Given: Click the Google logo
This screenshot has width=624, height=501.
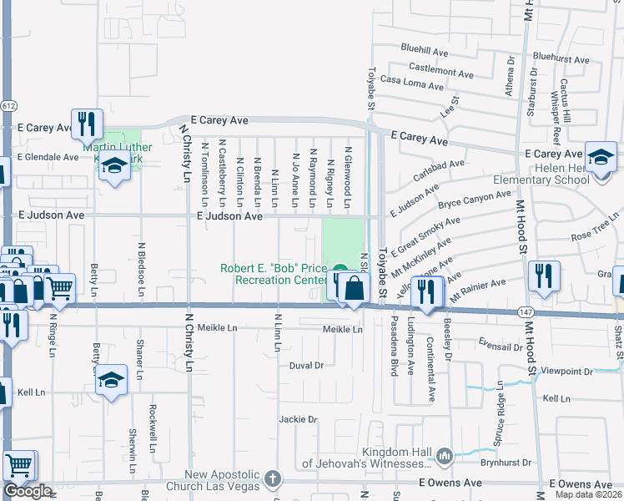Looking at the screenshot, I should [x=28, y=491].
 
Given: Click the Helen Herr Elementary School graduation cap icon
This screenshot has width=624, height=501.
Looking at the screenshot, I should [x=601, y=156].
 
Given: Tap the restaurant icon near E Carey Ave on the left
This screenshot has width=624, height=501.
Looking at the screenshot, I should [x=87, y=124].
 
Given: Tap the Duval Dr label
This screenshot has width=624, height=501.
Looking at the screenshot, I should [x=306, y=366].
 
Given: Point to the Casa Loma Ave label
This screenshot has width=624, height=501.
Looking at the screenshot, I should [x=411, y=83].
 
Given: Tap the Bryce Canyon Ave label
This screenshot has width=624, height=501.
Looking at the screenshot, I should [x=474, y=199].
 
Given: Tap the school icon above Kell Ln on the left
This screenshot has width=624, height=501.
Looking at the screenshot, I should [x=111, y=381].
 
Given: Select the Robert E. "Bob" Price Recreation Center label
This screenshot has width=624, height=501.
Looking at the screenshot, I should [x=273, y=275].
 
